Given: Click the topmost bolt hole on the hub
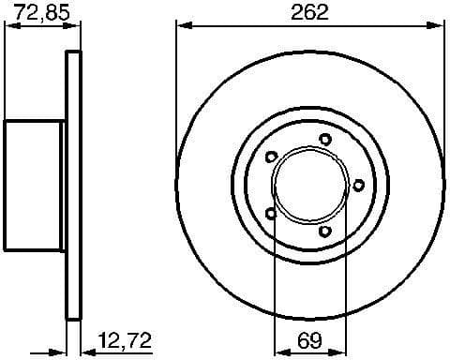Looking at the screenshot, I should click(x=325, y=140).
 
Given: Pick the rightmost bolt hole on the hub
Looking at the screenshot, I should click(x=357, y=186).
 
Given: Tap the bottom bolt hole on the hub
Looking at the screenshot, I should click(x=325, y=231).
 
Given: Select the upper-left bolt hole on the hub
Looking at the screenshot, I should click(x=272, y=157).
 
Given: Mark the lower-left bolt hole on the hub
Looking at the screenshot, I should click(x=272, y=214).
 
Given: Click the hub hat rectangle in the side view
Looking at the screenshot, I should click(x=34, y=186).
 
